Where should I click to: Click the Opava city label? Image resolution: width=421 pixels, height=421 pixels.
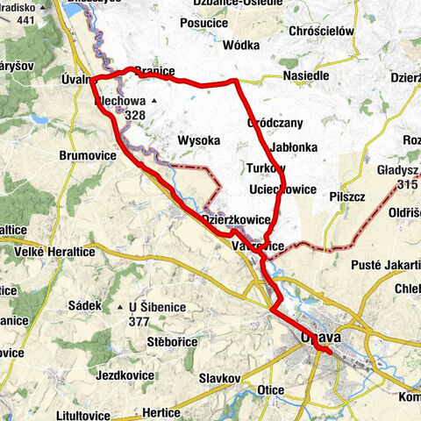(x=320, y=338)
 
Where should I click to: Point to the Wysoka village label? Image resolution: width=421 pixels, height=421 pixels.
(x=197, y=140)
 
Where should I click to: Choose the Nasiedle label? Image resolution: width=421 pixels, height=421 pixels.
(x=305, y=76)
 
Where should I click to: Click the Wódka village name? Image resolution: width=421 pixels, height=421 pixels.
(x=243, y=45)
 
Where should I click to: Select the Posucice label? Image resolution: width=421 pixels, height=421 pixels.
(x=203, y=23)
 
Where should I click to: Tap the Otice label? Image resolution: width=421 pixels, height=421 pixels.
(x=272, y=389)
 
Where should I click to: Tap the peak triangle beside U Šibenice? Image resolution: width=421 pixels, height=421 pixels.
(x=120, y=307)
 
